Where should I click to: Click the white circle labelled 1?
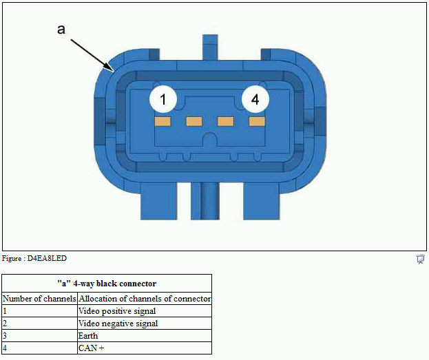click(163, 99)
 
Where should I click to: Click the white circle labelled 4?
click(255, 99)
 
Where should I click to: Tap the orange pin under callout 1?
click(163, 121)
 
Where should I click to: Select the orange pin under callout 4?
click(257, 121)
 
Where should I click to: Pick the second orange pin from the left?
click(194, 121)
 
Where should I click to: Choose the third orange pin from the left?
click(226, 121)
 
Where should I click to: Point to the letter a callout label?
click(61, 30)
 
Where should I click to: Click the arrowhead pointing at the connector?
click(109, 67)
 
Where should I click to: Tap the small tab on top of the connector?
click(210, 47)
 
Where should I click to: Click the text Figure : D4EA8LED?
click(34, 259)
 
